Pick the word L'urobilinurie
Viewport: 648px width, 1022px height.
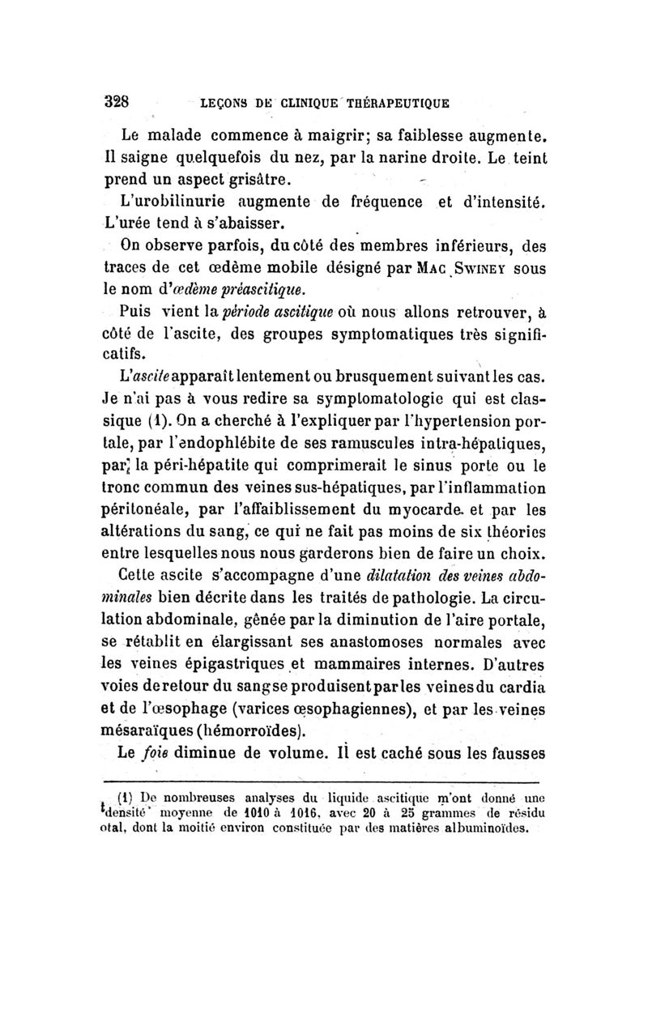[x=173, y=199]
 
